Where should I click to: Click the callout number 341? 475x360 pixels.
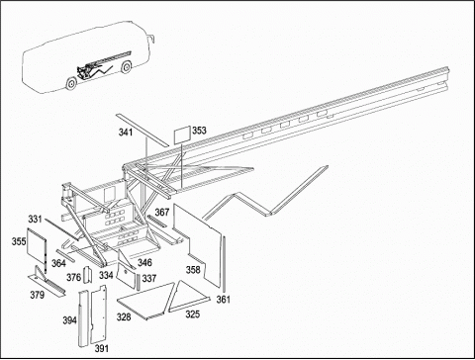click(126, 133)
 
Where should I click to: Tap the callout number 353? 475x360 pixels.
click(199, 131)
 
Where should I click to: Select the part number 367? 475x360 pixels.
click(162, 213)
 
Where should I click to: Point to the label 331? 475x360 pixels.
click(35, 219)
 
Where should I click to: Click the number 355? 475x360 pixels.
click(19, 241)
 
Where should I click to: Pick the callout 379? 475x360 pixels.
click(37, 295)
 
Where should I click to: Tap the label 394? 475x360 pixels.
click(69, 320)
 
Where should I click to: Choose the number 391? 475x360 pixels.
click(101, 348)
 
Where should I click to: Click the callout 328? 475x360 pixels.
click(124, 317)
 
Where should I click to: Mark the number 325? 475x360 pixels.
click(192, 315)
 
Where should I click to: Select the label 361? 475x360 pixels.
click(224, 300)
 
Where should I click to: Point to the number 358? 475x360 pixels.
click(193, 270)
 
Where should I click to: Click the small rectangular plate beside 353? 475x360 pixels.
click(182, 135)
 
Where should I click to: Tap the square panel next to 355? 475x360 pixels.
click(36, 247)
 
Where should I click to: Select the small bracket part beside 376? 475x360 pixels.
click(88, 275)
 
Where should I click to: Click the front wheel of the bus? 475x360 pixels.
click(126, 67)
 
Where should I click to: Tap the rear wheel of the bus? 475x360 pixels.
click(71, 84)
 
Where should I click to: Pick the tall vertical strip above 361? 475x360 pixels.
click(225, 264)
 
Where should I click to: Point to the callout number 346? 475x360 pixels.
click(144, 263)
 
